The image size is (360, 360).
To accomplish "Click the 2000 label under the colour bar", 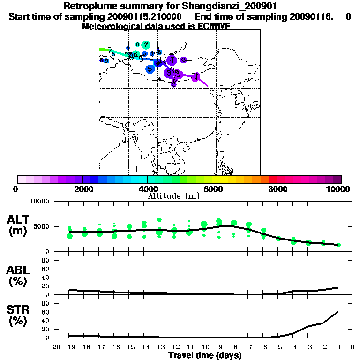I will coord(82,189).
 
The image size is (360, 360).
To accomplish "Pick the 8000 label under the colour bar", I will coord(277,189).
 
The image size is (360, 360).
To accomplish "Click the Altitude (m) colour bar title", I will coord(173,196).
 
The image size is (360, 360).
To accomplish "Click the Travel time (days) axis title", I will coord(205,356).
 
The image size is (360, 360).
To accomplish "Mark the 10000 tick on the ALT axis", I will coord(39,202).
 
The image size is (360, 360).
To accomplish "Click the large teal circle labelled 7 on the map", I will coord(146,45).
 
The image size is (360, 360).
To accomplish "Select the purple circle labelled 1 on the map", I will coord(196,76).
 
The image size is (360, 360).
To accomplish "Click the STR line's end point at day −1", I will coord(338,311).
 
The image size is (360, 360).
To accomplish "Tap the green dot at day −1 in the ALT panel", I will coord(338,245).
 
